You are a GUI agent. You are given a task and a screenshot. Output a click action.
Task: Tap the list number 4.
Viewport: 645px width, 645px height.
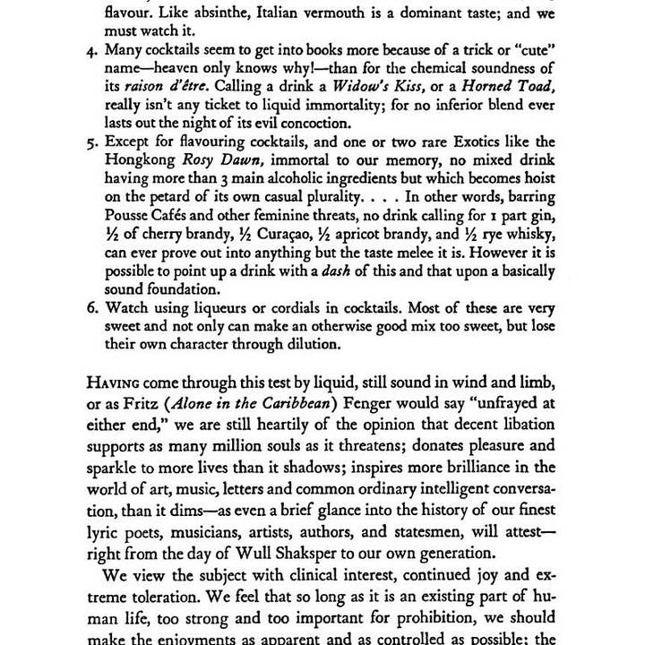(92, 51)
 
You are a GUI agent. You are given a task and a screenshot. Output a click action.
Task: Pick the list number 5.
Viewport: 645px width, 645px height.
(92, 142)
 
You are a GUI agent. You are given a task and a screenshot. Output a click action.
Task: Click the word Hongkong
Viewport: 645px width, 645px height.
(142, 160)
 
